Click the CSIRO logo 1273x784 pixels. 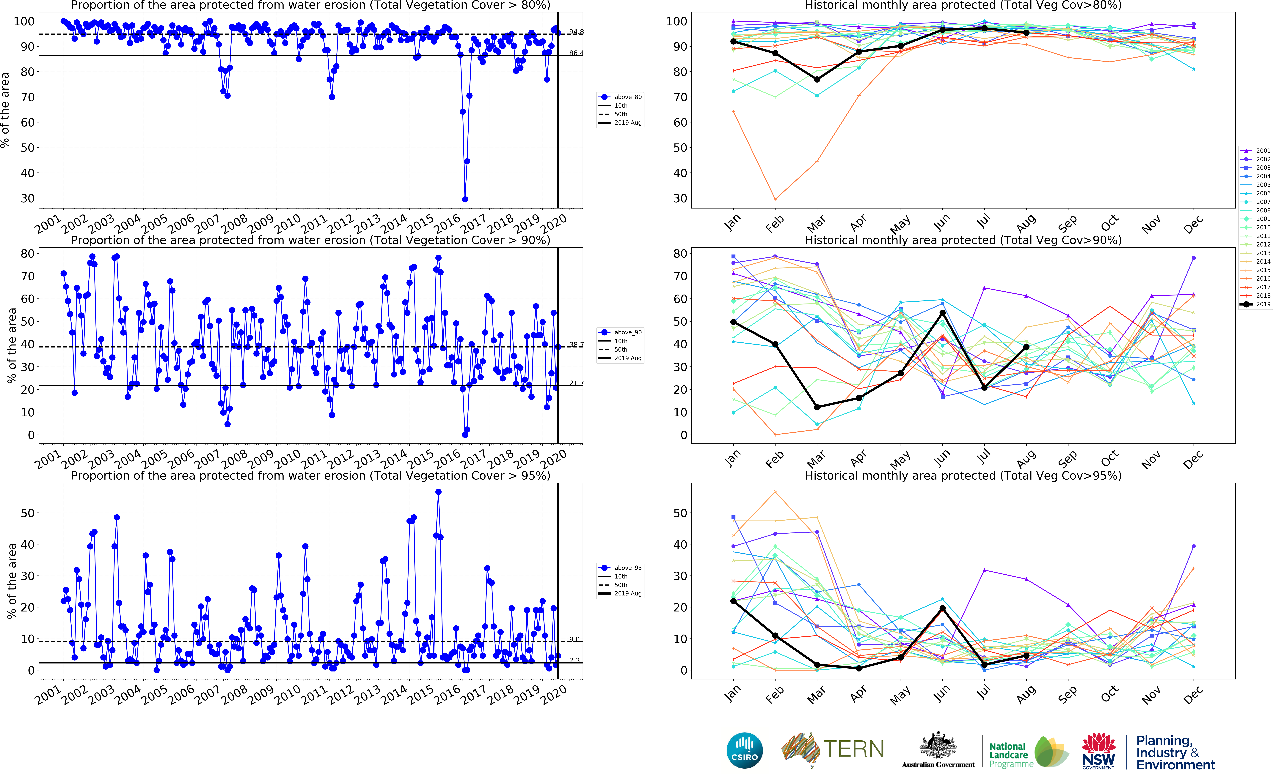pyautogui.click(x=744, y=750)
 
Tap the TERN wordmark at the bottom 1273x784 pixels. pyautogui.click(x=853, y=749)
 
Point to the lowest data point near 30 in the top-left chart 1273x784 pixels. pyautogui.click(x=465, y=199)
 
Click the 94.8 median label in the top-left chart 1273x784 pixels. pyautogui.click(x=576, y=32)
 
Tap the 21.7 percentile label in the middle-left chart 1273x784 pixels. pyautogui.click(x=576, y=383)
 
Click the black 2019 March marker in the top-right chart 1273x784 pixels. pyautogui.click(x=817, y=79)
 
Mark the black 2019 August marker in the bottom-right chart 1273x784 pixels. pyautogui.click(x=1026, y=655)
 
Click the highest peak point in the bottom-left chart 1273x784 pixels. pyautogui.click(x=438, y=491)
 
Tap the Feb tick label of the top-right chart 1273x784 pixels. pyautogui.click(x=774, y=223)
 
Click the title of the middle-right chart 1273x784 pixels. pyautogui.click(x=963, y=240)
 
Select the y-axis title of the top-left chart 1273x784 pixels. pyautogui.click(x=5, y=110)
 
